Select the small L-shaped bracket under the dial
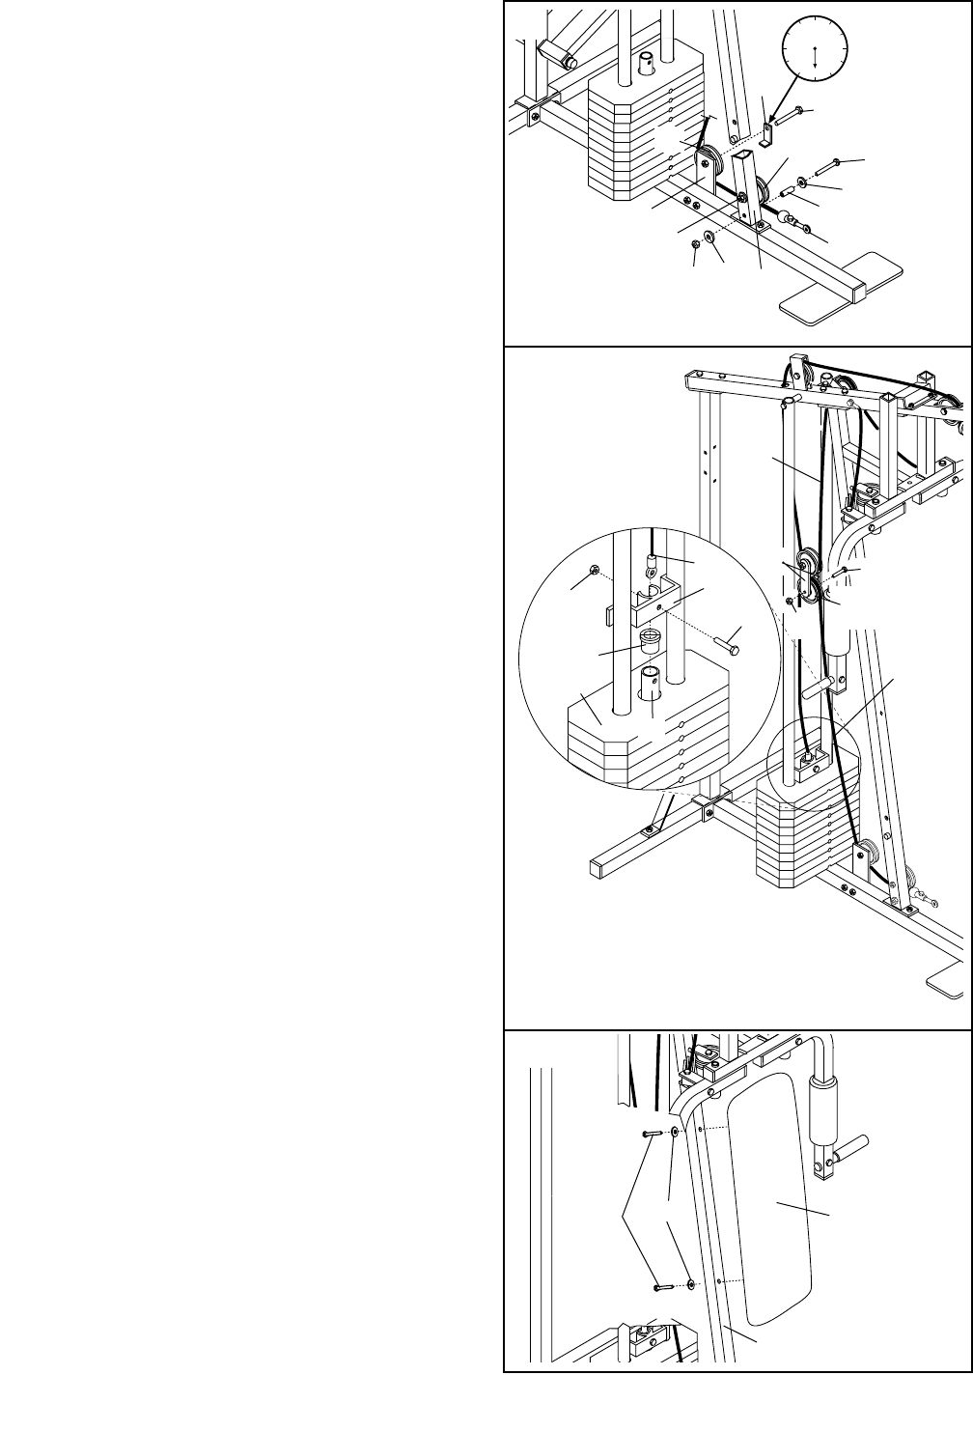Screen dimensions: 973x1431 click(765, 135)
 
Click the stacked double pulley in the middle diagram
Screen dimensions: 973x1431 click(808, 579)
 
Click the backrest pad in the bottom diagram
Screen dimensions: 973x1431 click(772, 1197)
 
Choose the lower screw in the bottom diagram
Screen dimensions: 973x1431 click(663, 1285)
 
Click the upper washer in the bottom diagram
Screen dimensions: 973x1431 click(675, 1132)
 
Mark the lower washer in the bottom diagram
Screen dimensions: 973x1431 click(692, 1284)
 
